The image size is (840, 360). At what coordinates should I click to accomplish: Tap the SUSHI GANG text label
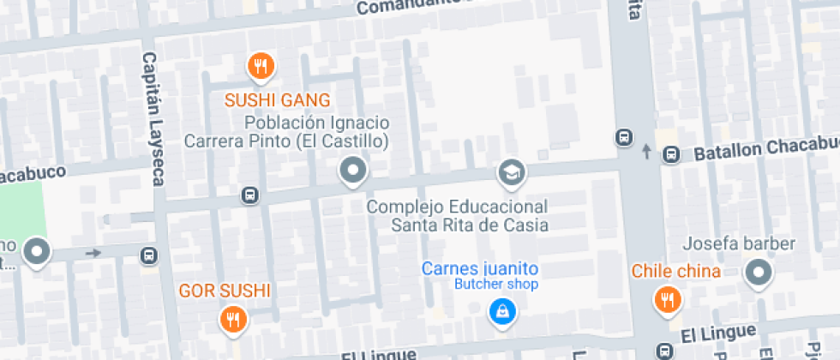click(x=277, y=100)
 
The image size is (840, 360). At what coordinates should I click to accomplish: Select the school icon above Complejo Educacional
click(x=512, y=172)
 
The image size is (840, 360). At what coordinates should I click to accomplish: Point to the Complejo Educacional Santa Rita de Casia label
click(x=457, y=216)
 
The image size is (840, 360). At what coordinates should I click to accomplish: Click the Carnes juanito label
click(x=479, y=268)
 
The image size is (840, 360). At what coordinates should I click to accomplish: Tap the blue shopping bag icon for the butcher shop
click(x=501, y=311)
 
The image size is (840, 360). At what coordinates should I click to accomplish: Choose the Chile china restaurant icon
click(x=666, y=299)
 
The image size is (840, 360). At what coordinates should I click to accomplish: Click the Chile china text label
click(x=675, y=272)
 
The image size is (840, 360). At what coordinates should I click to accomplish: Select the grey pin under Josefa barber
click(x=758, y=274)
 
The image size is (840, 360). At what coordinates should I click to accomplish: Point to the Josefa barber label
click(x=739, y=244)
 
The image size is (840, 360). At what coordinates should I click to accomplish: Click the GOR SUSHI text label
click(x=225, y=291)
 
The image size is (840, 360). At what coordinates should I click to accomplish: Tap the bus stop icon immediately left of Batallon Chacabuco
click(x=672, y=154)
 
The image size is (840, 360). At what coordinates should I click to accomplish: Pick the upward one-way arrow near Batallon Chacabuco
click(x=646, y=152)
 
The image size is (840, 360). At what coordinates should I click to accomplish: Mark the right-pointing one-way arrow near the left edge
click(x=93, y=253)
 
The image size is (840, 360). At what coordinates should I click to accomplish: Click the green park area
click(x=21, y=209)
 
